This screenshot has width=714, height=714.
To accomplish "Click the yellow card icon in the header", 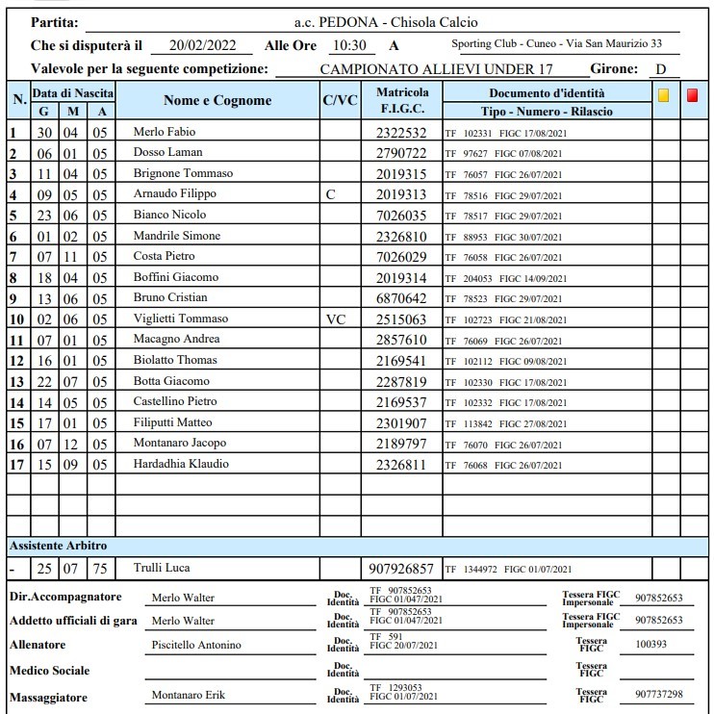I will coord(663,95).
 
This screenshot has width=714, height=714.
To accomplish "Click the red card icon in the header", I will coord(694,95).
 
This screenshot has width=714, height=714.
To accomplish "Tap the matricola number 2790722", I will coord(400,153).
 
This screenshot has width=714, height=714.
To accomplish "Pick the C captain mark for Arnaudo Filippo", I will coord(330,194).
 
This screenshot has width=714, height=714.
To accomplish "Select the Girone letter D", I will coord(660,69).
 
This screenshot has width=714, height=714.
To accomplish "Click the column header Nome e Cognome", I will coord(217,100).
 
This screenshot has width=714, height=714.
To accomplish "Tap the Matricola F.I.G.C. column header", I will coord(402,100).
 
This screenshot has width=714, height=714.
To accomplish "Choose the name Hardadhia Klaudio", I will coord(181,464).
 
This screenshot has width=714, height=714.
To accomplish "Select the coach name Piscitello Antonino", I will coord(196,645).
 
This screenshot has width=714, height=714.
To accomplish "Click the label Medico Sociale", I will coord(50,670).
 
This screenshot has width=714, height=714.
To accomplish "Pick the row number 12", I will coord(15,360).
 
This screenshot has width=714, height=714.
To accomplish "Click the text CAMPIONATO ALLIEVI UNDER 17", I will coord(436,70).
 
